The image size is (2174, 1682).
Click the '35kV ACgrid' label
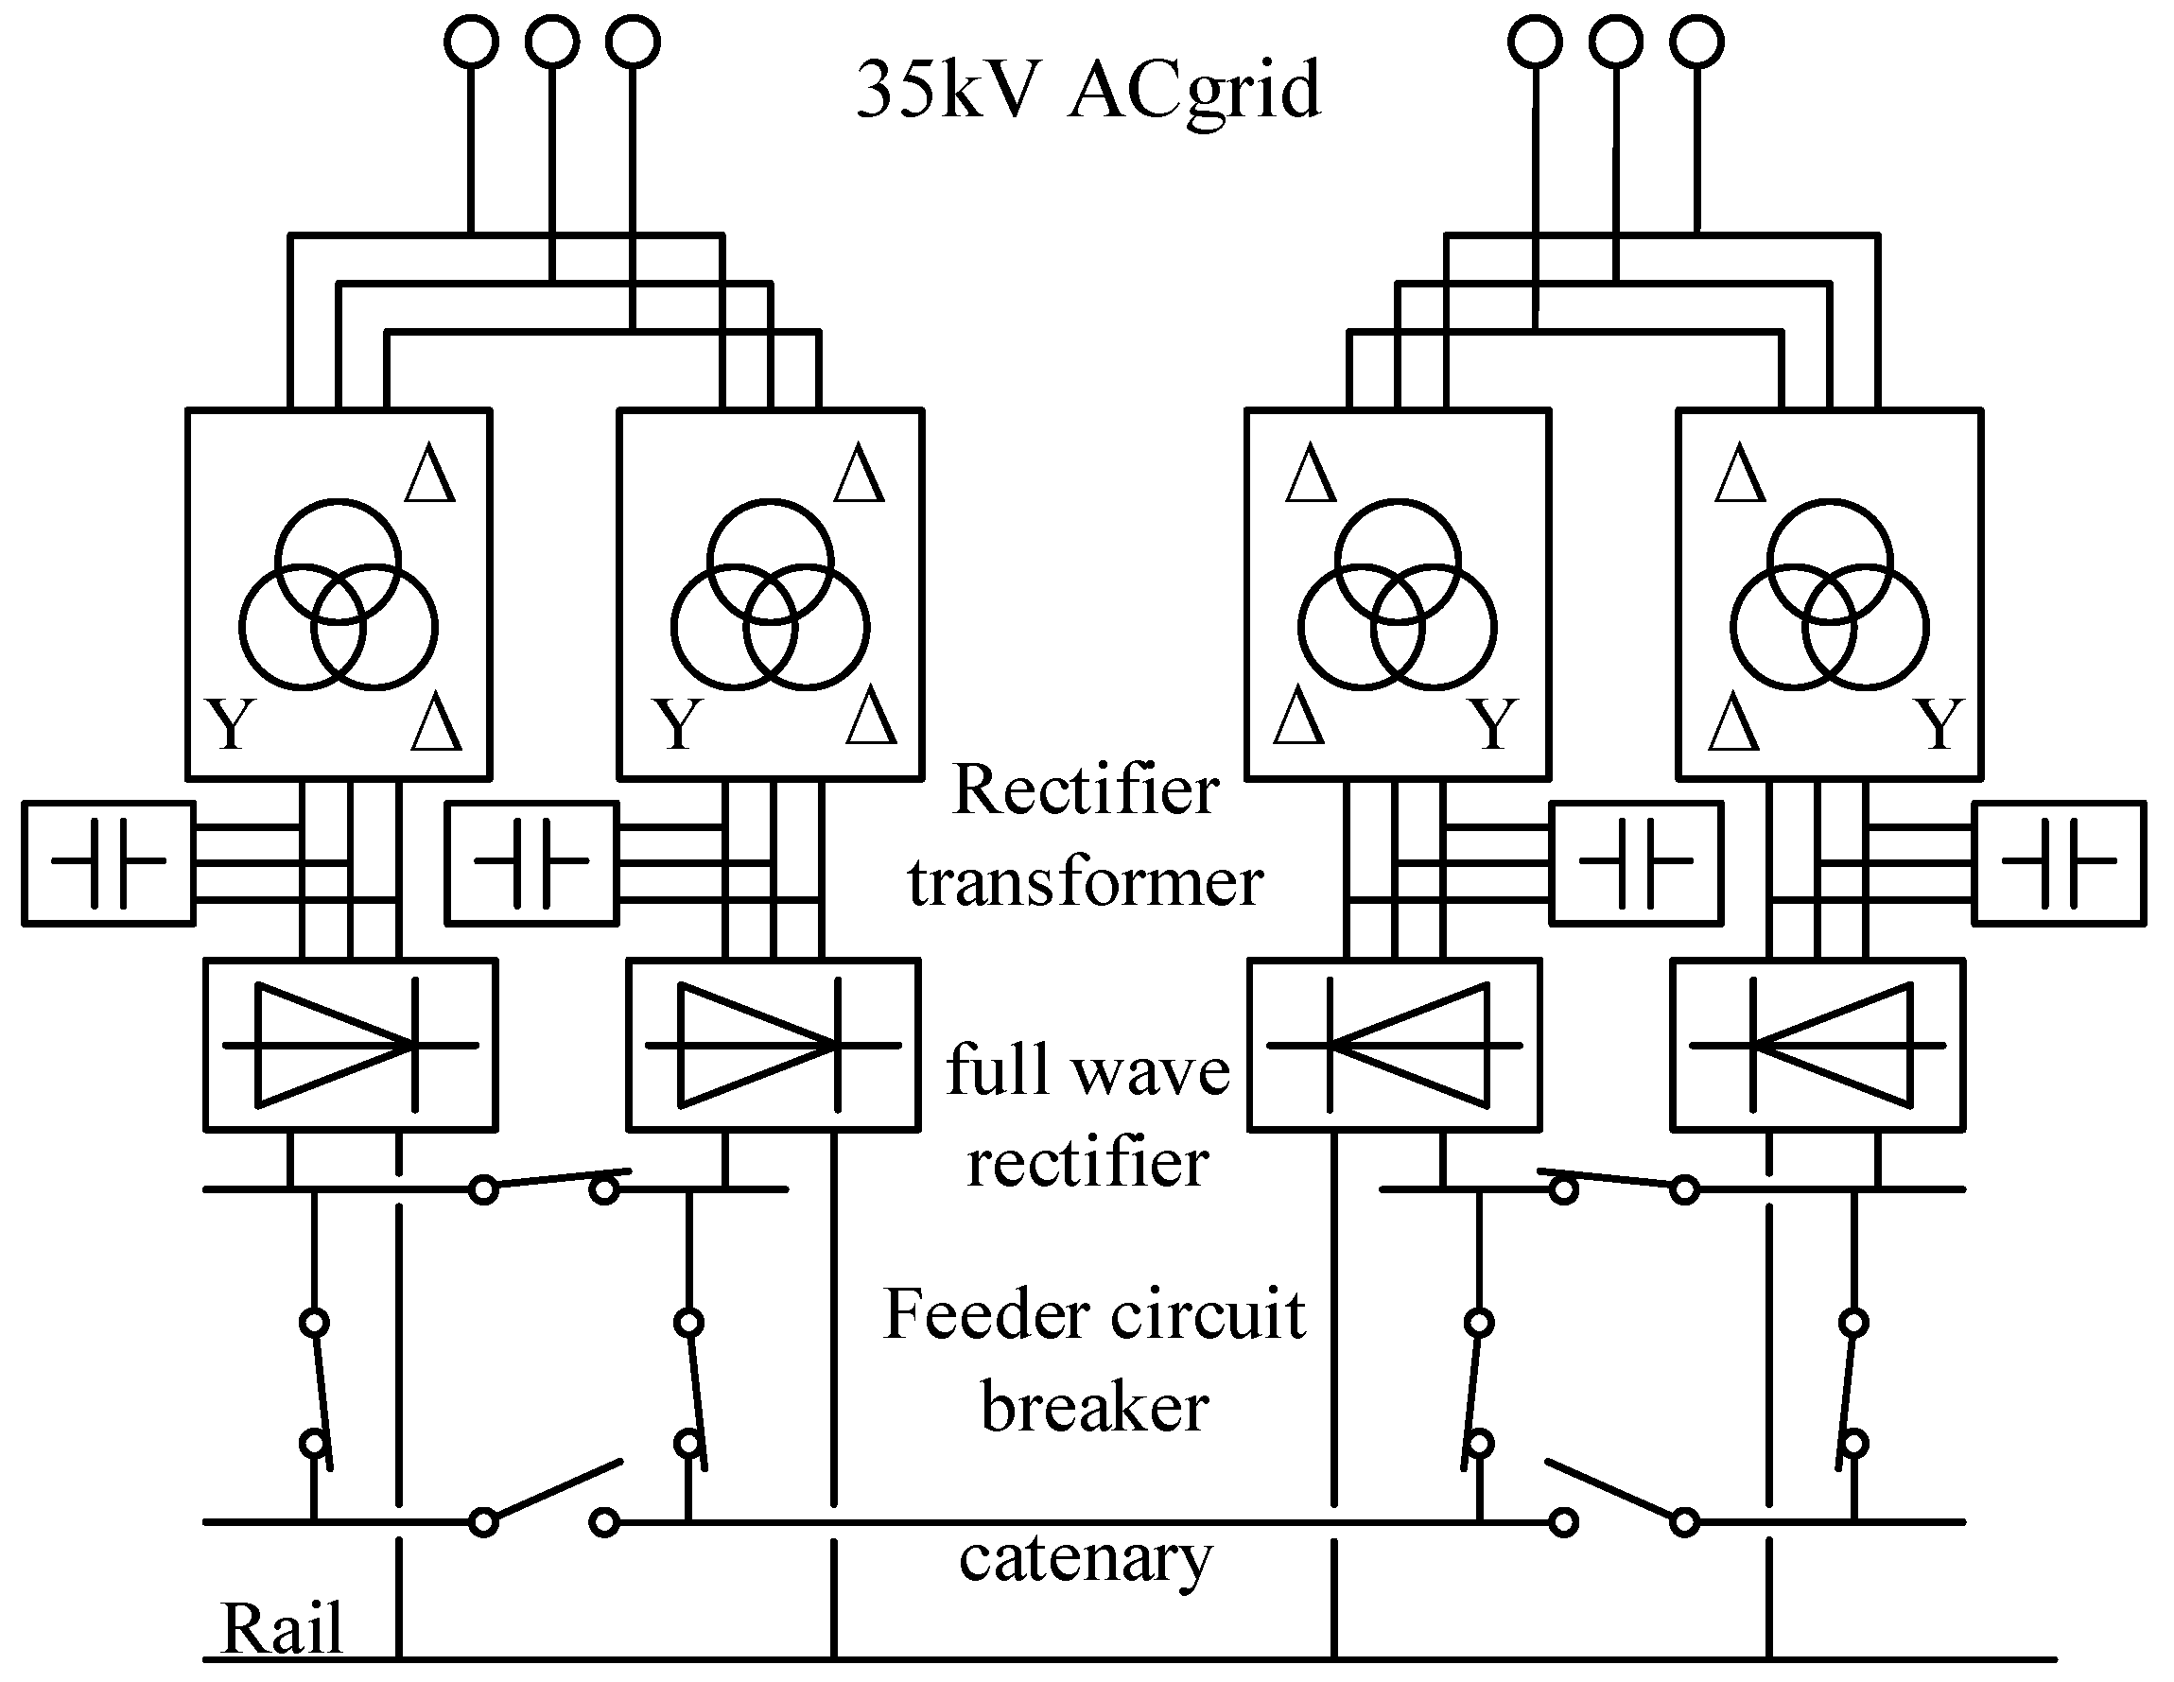[1088, 90]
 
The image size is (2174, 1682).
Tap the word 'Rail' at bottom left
[282, 1629]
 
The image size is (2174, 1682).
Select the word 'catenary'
[1086, 1558]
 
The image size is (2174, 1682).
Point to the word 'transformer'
[1085, 883]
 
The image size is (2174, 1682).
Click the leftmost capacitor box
[109, 863]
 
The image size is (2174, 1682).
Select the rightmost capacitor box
[2060, 863]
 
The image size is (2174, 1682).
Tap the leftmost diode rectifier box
[351, 1045]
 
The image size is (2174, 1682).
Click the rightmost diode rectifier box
[1817, 1045]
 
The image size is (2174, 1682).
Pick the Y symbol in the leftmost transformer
[231, 724]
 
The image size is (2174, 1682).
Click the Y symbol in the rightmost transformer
[1940, 724]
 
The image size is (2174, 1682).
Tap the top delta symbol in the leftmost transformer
[430, 475]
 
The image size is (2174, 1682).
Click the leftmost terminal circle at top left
[471, 42]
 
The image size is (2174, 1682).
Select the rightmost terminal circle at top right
[1697, 42]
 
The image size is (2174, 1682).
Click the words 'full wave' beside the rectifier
[1088, 1071]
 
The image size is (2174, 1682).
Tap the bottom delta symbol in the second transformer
[871, 716]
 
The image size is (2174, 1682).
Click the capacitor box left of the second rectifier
[531, 863]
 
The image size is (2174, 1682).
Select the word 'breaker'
[1094, 1409]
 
